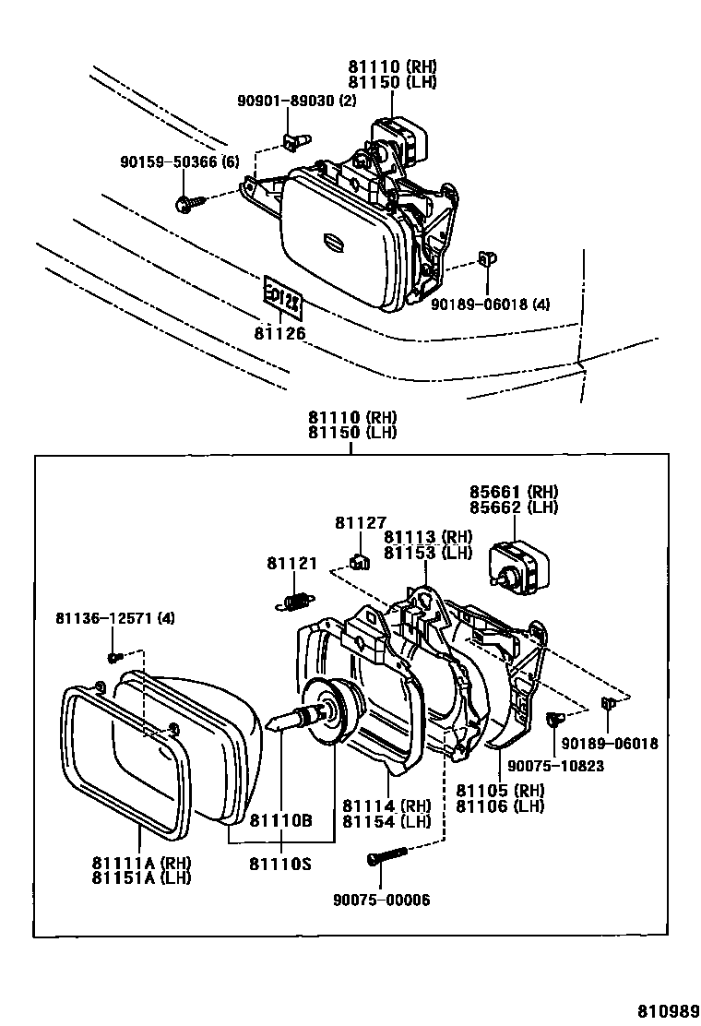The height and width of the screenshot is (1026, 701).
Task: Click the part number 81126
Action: (279, 333)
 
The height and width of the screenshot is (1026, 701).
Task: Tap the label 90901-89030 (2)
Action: (296, 101)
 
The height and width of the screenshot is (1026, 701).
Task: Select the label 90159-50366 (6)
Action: (179, 161)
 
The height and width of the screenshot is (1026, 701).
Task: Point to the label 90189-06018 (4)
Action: (490, 304)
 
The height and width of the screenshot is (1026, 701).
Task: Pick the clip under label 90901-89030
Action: (296, 140)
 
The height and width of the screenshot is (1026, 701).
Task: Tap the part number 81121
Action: (291, 563)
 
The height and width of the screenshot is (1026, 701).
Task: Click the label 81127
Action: (361, 522)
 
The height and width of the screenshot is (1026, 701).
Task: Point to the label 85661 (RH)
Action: (514, 492)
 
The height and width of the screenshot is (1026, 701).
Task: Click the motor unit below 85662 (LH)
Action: (519, 563)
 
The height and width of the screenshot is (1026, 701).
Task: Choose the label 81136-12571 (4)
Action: (115, 617)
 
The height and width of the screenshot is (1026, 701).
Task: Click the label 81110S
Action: (280, 864)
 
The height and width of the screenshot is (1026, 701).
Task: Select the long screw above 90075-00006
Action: (387, 855)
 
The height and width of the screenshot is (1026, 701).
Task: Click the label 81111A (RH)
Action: (141, 862)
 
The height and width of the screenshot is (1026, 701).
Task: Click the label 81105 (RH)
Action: (500, 790)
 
